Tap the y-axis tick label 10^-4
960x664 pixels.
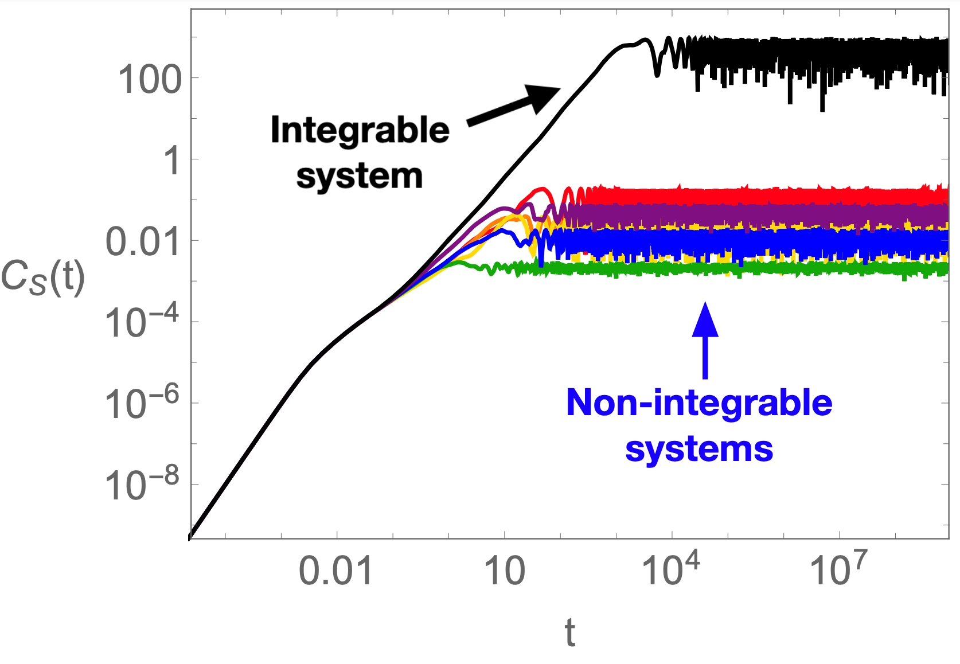click(x=142, y=322)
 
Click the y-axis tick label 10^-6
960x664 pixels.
click(x=142, y=404)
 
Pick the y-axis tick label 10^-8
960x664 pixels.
click(x=142, y=485)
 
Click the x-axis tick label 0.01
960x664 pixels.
click(x=336, y=572)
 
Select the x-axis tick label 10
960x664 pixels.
click(x=505, y=572)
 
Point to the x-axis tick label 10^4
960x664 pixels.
click(x=670, y=569)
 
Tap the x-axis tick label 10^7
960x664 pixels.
click(x=838, y=569)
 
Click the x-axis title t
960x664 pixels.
click(x=569, y=633)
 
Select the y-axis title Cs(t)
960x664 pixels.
click(x=43, y=278)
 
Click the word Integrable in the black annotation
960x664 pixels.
click(x=360, y=131)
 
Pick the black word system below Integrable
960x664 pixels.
click(x=360, y=176)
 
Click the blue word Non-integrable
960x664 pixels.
click(x=699, y=403)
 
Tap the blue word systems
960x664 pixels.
click(x=699, y=449)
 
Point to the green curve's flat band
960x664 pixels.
click(x=746, y=268)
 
